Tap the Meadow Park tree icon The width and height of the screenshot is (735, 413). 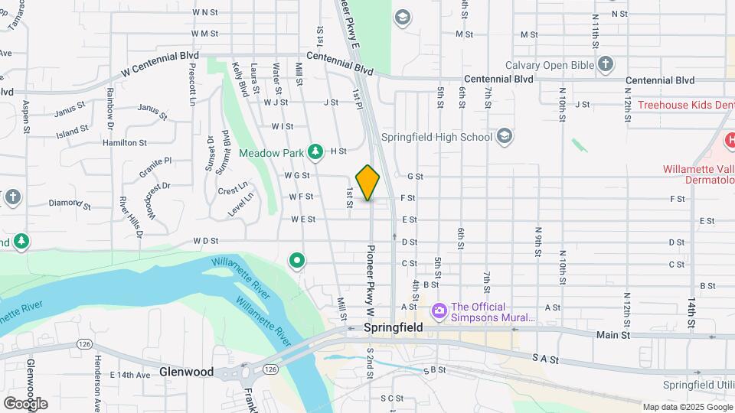[x=315, y=152]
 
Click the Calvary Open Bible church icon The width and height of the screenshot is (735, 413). [x=606, y=64]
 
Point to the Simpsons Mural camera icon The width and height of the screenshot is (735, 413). [x=439, y=311]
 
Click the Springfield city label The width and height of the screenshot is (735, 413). [x=393, y=327]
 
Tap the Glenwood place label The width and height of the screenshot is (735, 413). [x=186, y=372]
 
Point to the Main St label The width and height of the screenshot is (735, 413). [x=614, y=335]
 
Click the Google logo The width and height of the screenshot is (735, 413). [x=25, y=403]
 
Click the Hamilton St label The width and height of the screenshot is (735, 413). [x=126, y=143]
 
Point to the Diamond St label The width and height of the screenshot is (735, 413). [x=70, y=205]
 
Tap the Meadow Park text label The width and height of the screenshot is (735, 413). [x=271, y=153]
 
